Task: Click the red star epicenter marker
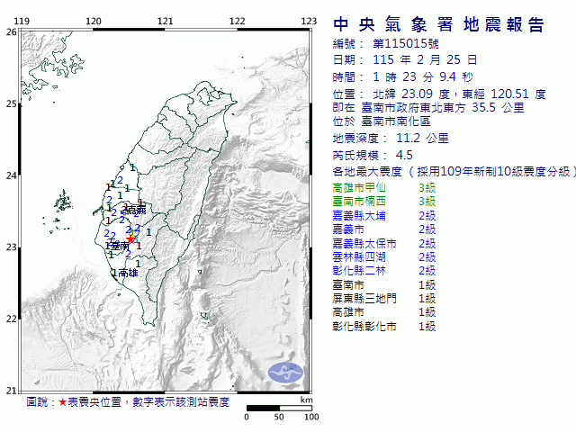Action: coord(130,239)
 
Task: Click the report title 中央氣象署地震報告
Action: coord(439,24)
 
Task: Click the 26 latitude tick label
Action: coord(11,31)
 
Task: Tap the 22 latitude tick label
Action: coord(11,319)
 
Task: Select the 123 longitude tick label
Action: coord(308,21)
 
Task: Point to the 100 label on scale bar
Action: coord(311,417)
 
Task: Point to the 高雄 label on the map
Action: coord(127,272)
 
